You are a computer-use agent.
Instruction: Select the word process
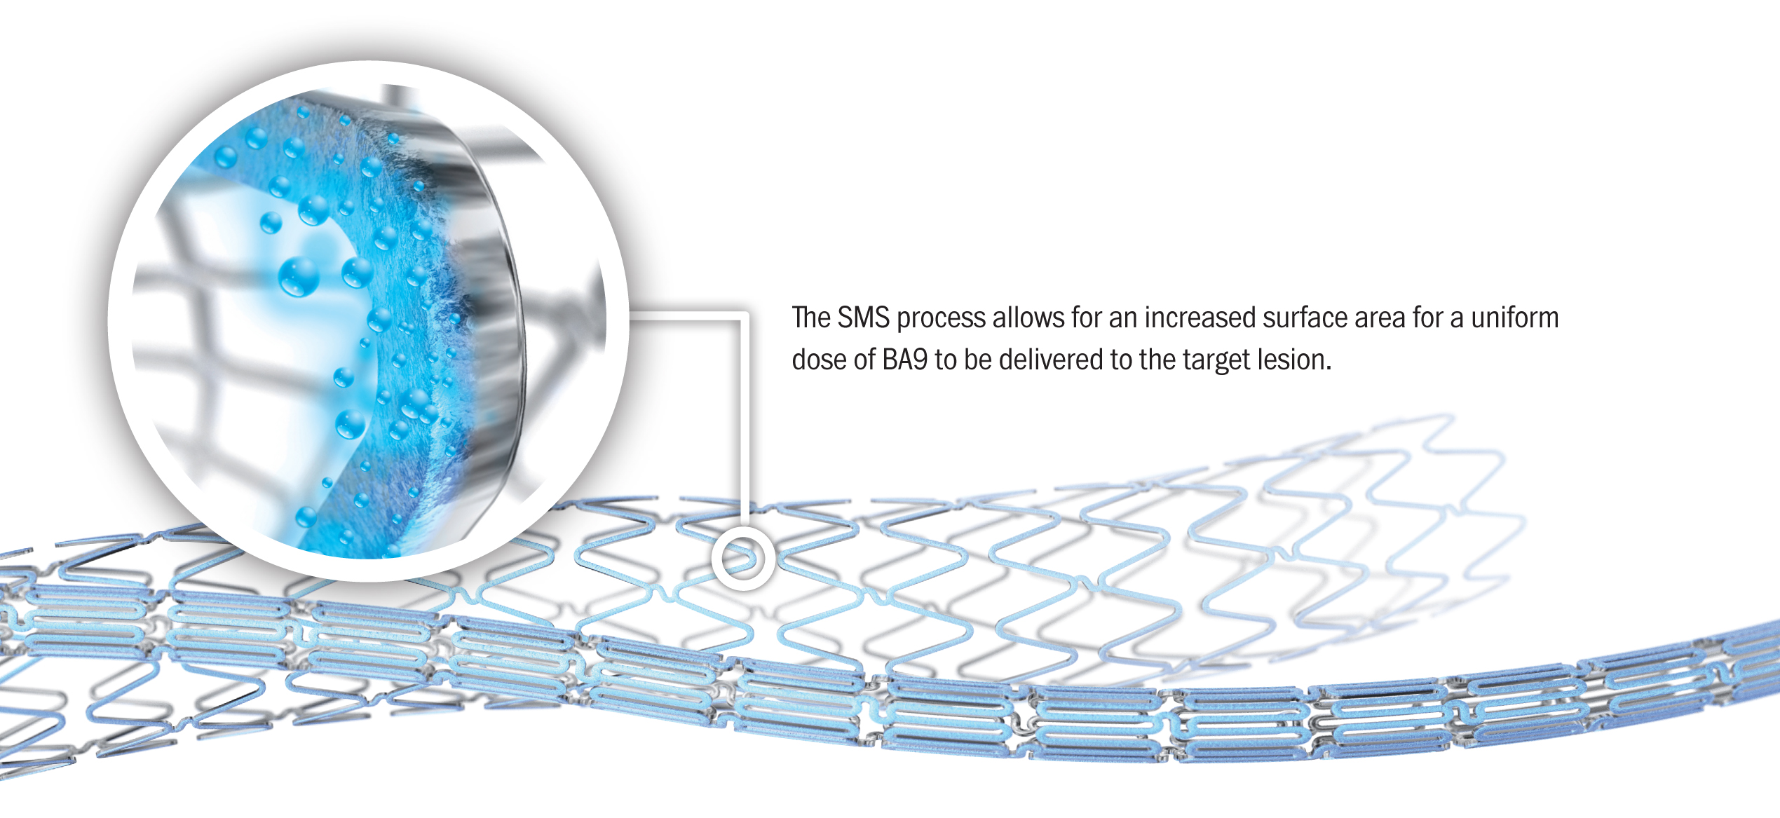[942, 320]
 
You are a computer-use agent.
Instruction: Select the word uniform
[1515, 318]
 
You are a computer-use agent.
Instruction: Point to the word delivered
[1051, 360]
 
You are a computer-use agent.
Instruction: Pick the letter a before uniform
[1457, 320]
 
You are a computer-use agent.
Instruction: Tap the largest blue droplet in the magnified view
[299, 276]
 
